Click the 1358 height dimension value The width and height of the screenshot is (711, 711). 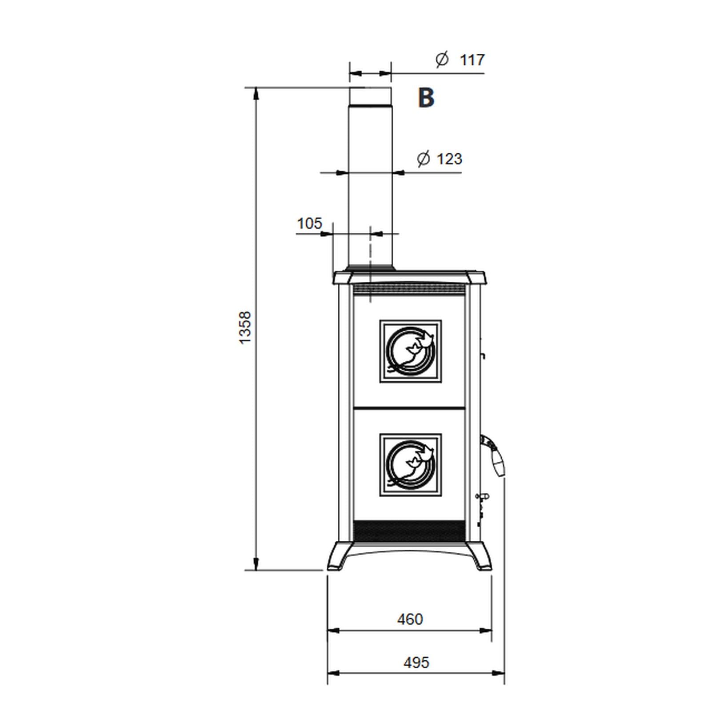point(245,327)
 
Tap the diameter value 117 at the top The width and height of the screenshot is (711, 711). point(472,60)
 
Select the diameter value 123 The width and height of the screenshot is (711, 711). point(449,159)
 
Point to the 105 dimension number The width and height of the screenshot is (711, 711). point(309,223)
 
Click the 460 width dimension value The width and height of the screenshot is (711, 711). point(410,619)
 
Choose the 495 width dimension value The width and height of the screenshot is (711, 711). point(416,662)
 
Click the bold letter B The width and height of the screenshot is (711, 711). point(426,97)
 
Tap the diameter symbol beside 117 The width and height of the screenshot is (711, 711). point(442,59)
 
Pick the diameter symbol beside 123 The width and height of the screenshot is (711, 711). point(423,159)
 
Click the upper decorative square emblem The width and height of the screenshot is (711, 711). point(411,351)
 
